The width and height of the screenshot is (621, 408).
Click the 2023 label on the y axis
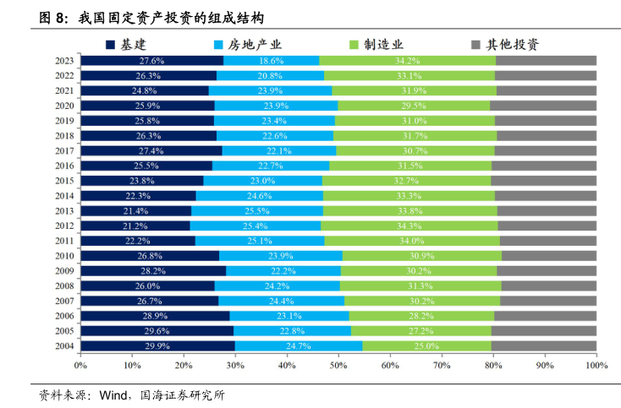(x=64, y=61)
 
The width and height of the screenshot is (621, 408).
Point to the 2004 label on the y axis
(x=64, y=345)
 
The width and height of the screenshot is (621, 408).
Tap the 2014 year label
(x=64, y=195)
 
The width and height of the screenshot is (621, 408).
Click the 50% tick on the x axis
(x=338, y=366)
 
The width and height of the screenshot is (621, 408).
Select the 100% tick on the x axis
(x=596, y=366)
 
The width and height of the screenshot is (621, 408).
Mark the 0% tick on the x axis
(x=81, y=366)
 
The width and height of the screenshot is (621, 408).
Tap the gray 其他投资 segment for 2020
(x=543, y=106)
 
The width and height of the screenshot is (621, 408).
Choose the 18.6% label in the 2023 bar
(x=271, y=61)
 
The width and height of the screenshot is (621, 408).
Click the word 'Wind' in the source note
(x=113, y=394)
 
